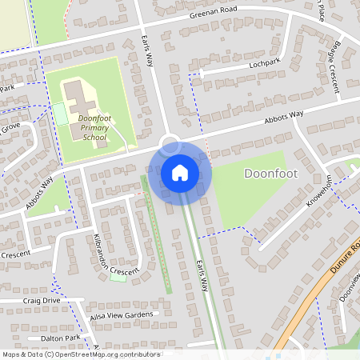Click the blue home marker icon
(180, 172)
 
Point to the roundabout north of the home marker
(170, 145)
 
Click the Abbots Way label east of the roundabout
(286, 117)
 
